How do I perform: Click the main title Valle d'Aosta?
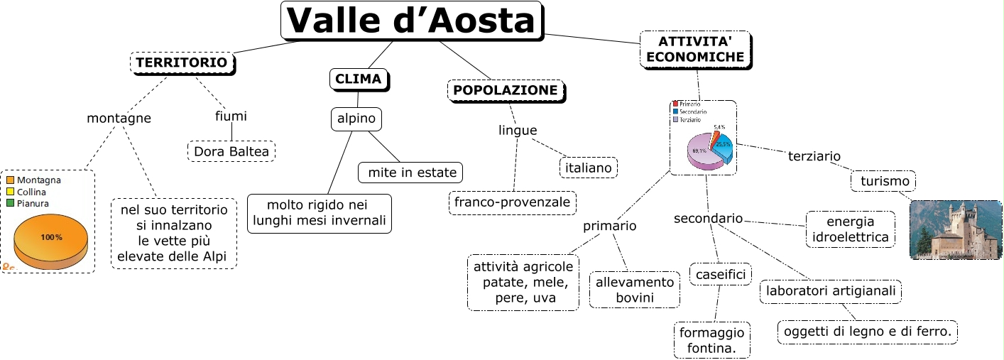pyautogui.click(x=413, y=21)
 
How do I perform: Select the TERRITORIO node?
pyautogui.click(x=182, y=63)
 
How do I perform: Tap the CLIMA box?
pyautogui.click(x=359, y=79)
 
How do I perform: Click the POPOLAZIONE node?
pyautogui.click(x=506, y=90)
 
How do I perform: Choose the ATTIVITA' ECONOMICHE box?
pyautogui.click(x=695, y=49)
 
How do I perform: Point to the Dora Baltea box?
pyautogui.click(x=231, y=151)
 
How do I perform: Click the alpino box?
pyautogui.click(x=356, y=119)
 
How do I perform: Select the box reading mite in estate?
pyautogui.click(x=411, y=172)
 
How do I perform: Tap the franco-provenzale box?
pyautogui.click(x=512, y=202)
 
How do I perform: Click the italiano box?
pyautogui.click(x=588, y=168)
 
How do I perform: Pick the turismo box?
pyautogui.click(x=884, y=181)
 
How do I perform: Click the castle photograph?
pyautogui.click(x=955, y=229)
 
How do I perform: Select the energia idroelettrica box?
pyautogui.click(x=850, y=229)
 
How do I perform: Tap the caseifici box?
pyautogui.click(x=720, y=274)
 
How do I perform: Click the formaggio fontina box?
pyautogui.click(x=711, y=341)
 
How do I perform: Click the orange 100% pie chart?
pyautogui.click(x=51, y=240)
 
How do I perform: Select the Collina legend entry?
pyautogui.click(x=31, y=192)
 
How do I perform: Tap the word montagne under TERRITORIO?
pyautogui.click(x=119, y=118)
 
